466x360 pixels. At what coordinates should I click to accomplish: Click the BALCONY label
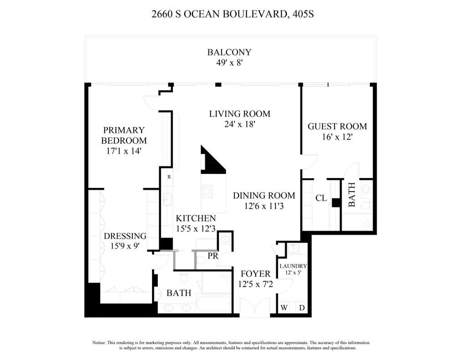229,52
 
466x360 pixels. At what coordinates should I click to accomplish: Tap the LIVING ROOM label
239,114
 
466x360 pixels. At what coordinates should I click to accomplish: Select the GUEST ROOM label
337,127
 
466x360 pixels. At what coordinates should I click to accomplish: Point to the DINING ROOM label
264,196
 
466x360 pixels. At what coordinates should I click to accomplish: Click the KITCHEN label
196,218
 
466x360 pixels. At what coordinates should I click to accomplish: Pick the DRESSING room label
125,236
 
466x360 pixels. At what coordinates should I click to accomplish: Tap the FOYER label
256,274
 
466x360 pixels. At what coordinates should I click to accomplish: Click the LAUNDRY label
293,266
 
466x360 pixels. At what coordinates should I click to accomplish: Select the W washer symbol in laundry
284,308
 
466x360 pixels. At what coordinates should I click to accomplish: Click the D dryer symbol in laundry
302,308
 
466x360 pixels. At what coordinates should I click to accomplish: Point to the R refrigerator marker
169,177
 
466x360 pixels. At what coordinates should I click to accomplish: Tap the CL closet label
321,198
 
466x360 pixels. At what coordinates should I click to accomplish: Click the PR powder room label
213,256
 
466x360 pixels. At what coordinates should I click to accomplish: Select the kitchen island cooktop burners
207,191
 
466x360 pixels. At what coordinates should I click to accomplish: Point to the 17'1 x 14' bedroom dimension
124,151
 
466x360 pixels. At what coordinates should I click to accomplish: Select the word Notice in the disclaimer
99,343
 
